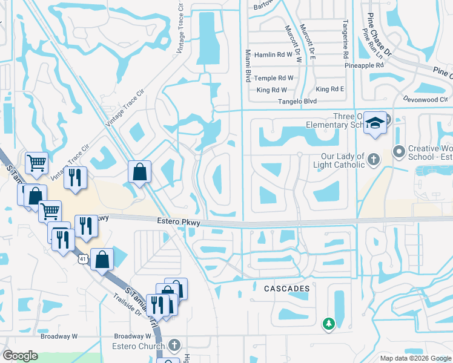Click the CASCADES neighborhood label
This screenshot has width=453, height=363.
[x=287, y=289]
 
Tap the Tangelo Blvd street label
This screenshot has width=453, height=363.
[x=297, y=102]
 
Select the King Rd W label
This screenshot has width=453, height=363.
[x=271, y=90]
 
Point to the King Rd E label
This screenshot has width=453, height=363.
[x=329, y=90]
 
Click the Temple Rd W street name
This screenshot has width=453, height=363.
[x=274, y=78]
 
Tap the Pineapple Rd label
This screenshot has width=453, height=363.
[x=364, y=65]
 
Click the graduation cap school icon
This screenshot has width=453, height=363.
[x=375, y=123]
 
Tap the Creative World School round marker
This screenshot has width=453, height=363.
[x=398, y=151]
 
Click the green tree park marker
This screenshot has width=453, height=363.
[x=329, y=324]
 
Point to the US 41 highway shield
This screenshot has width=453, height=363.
[x=82, y=259]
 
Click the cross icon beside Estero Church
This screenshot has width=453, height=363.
[x=175, y=345]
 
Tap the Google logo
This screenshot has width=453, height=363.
[x=21, y=356]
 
